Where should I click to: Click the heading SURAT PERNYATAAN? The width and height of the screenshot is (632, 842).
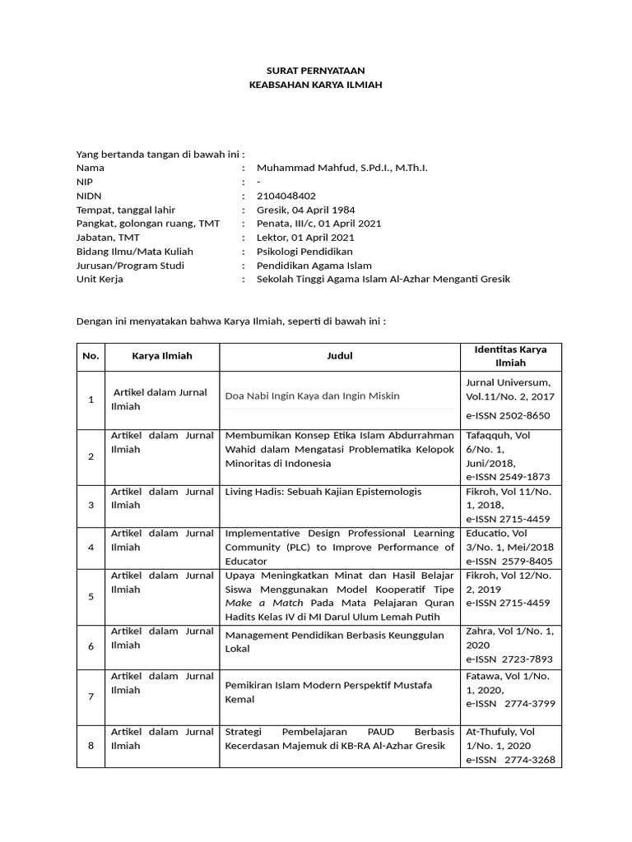tap(316, 72)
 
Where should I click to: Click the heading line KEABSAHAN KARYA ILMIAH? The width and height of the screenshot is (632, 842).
tap(316, 85)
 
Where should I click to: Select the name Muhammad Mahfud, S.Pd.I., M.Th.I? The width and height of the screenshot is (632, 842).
tap(342, 168)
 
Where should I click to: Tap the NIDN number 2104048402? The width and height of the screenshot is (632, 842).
tap(286, 196)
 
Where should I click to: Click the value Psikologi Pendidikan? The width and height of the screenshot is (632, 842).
tap(304, 251)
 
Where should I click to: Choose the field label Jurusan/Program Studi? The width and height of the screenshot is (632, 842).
tap(130, 265)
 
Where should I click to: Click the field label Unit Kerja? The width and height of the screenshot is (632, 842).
tap(100, 279)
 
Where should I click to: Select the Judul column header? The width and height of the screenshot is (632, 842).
tap(339, 356)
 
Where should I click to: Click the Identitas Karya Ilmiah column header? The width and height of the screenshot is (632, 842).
tap(510, 356)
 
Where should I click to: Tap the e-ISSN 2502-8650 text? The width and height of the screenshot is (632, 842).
tap(508, 415)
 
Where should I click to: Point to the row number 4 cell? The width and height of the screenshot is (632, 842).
tap(91, 547)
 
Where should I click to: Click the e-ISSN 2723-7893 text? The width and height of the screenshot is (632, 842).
tap(509, 659)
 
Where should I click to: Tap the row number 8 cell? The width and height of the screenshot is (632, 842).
tap(91, 746)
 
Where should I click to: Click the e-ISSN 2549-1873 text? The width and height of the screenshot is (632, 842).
tap(508, 476)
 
